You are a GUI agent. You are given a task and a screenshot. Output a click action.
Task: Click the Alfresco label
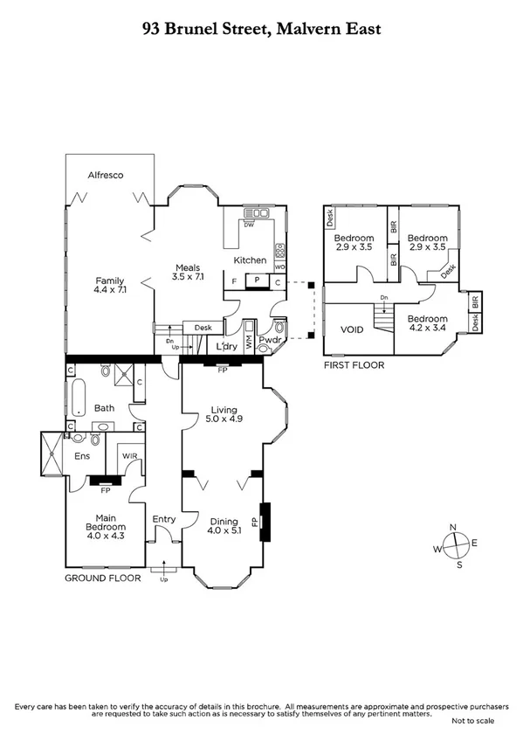pyautogui.click(x=105, y=175)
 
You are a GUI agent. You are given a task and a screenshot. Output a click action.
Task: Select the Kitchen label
pyautogui.click(x=250, y=260)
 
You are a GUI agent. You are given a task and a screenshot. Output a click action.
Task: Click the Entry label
pyautogui.click(x=164, y=520)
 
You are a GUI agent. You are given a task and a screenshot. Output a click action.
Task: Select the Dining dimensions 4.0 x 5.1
pyautogui.click(x=224, y=530)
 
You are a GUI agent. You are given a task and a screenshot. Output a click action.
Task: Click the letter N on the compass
pyautogui.click(x=452, y=526)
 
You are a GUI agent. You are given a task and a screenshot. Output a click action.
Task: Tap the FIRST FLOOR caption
pyautogui.click(x=354, y=364)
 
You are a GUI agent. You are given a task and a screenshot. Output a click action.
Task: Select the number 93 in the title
pyautogui.click(x=153, y=29)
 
